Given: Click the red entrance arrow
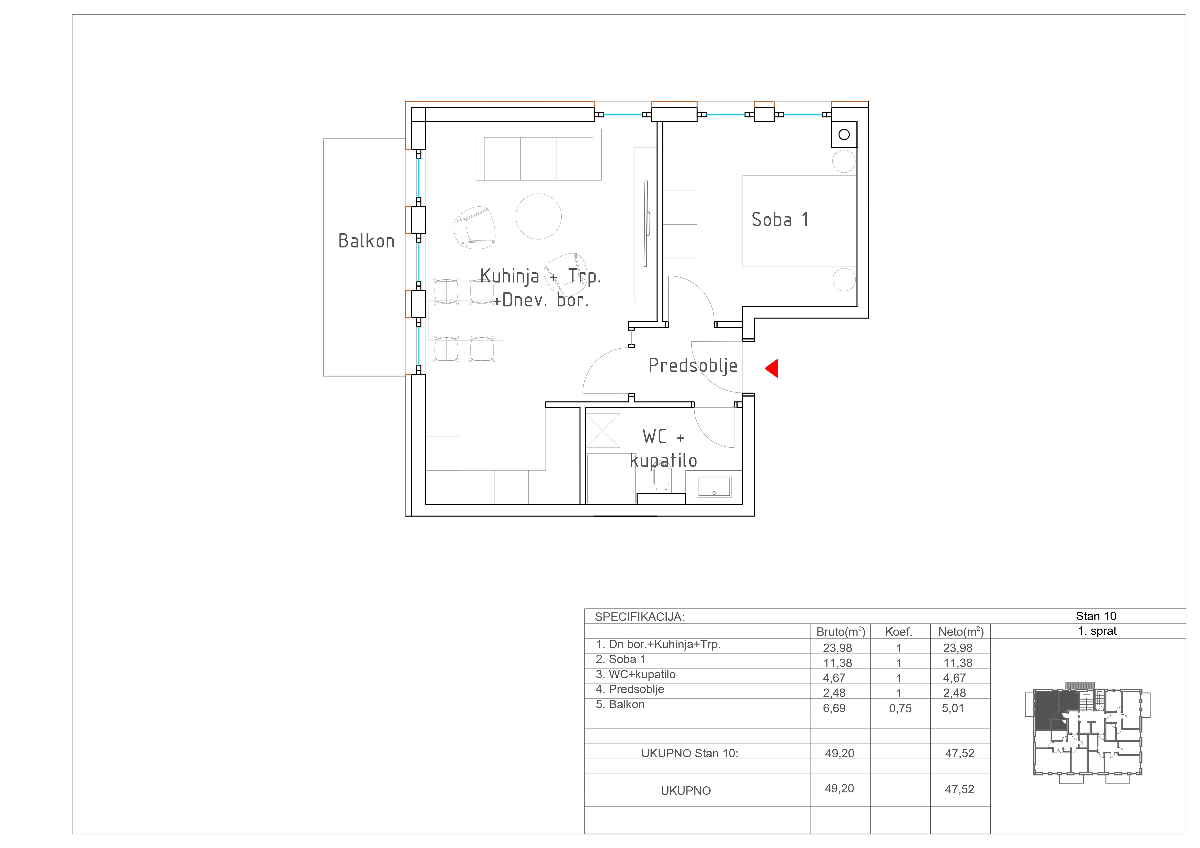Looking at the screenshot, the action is [x=772, y=368].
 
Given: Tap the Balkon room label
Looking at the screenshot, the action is [x=366, y=241].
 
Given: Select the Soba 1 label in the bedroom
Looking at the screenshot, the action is [x=780, y=219].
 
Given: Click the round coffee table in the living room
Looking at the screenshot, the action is [x=538, y=216].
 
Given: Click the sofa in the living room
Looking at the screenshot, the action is [x=538, y=155].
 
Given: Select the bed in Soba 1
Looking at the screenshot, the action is [x=800, y=221].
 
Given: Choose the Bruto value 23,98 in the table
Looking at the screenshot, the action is [x=837, y=648].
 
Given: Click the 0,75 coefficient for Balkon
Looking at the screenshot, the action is [x=900, y=709].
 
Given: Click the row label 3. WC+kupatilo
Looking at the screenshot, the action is [x=635, y=674].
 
